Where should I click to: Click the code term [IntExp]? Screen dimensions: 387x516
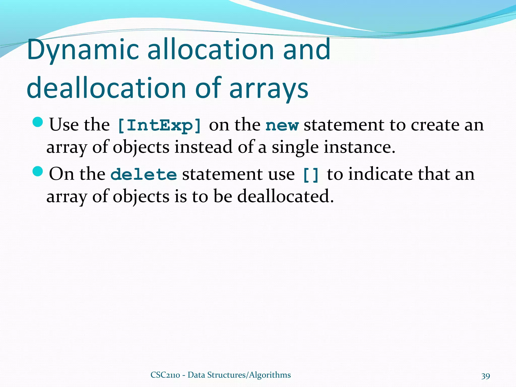[159, 125]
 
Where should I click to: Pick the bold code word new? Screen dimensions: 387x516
[282, 125]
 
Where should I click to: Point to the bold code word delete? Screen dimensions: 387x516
[144, 174]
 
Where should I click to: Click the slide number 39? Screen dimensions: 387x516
[486, 376]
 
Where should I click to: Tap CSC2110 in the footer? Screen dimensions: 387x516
[165, 375]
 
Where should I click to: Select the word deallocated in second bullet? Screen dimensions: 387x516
[285, 197]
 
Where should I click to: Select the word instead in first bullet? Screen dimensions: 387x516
[203, 147]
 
